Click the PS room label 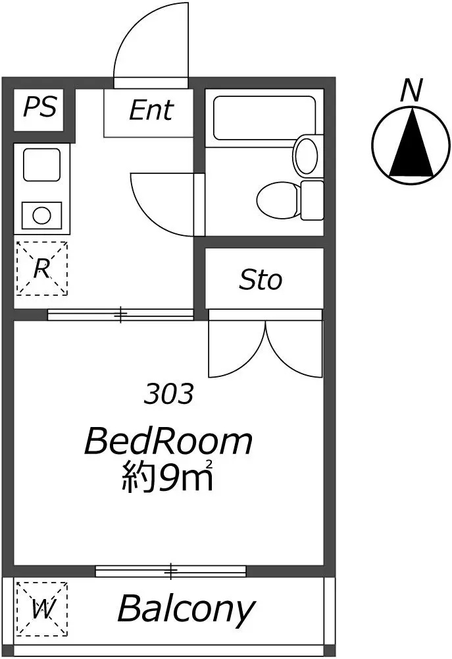coord(40,107)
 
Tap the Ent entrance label coord(151,110)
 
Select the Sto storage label coord(260,280)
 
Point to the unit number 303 coord(168,394)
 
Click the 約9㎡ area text coord(168,476)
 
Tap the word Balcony coord(186,608)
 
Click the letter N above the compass coord(411,91)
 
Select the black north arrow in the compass coord(411,142)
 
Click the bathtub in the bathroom coord(264,118)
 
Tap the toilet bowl coord(278,200)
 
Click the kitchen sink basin coord(41,165)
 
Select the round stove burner coord(41,215)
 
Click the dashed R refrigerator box coord(41,268)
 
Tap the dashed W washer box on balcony coord(41,608)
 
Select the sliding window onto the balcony coord(170,571)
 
